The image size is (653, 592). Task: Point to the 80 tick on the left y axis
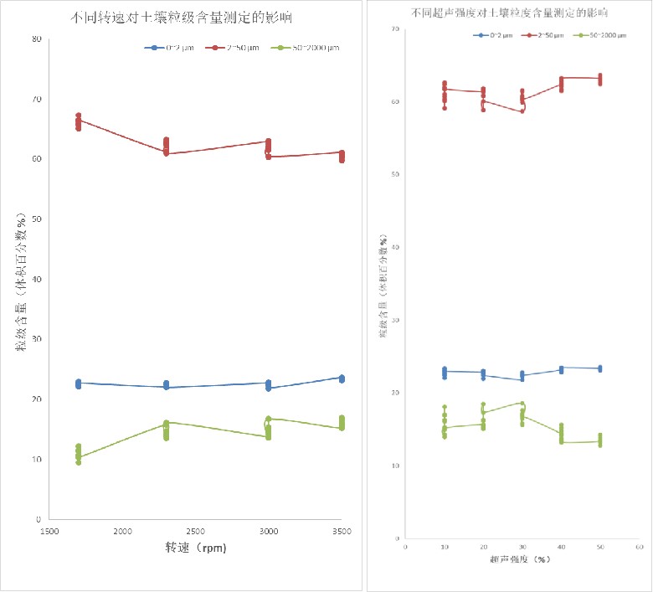tap(36, 39)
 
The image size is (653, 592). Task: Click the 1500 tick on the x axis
tap(49, 531)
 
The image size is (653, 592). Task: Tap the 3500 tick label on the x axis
tap(341, 531)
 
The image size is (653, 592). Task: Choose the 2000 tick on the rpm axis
tap(122, 531)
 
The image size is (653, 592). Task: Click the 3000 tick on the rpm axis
tap(268, 531)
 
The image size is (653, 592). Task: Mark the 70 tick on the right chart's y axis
tap(394, 29)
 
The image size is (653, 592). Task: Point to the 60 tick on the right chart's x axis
tap(638, 547)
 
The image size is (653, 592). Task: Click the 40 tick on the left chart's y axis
tap(36, 279)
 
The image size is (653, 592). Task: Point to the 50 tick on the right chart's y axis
tap(394, 175)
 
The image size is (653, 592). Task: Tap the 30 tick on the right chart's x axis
tap(522, 547)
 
